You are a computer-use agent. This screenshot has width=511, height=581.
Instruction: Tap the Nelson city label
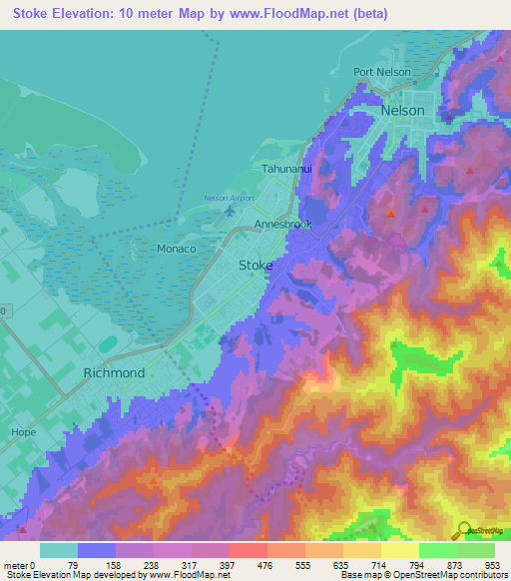[x=402, y=111]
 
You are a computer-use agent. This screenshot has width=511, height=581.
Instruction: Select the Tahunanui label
[x=287, y=170]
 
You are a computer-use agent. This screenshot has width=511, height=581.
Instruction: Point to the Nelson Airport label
[x=229, y=199]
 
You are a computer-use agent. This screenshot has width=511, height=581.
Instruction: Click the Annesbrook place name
[x=283, y=225]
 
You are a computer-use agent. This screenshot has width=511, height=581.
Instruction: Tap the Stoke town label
[x=255, y=266]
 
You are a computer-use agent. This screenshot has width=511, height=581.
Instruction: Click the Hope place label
[x=22, y=432]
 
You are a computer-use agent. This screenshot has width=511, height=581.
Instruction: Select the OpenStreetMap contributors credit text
[x=446, y=575]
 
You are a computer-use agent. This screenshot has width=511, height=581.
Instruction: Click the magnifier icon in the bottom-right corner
[x=463, y=531]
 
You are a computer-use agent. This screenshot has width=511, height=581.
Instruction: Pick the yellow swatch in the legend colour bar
[x=399, y=549]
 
